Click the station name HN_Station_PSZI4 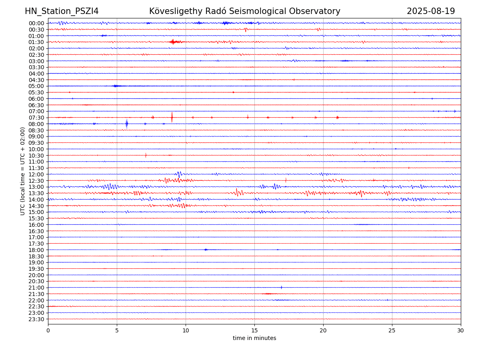click(62, 12)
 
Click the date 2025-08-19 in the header click(431, 12)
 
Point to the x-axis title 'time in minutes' click(254, 338)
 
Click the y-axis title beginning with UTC click(23, 171)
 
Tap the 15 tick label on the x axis click(254, 331)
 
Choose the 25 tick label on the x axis click(392, 331)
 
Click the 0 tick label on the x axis click(48, 331)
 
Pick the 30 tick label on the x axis click(461, 331)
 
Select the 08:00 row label click(36, 124)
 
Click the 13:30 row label click(36, 193)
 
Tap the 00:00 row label click(36, 23)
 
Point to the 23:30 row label click(36, 319)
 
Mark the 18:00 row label click(36, 250)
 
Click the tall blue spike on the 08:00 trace click(127, 124)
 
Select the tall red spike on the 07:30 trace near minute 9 click(172, 117)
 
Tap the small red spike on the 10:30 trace click(146, 155)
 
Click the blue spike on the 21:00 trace click(282, 287)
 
